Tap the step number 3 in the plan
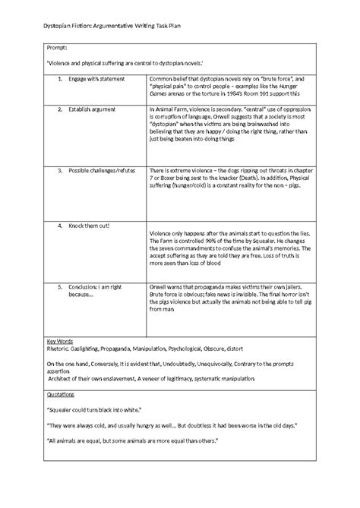pyautogui.click(x=58, y=172)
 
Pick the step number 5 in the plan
pyautogui.click(x=58, y=289)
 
